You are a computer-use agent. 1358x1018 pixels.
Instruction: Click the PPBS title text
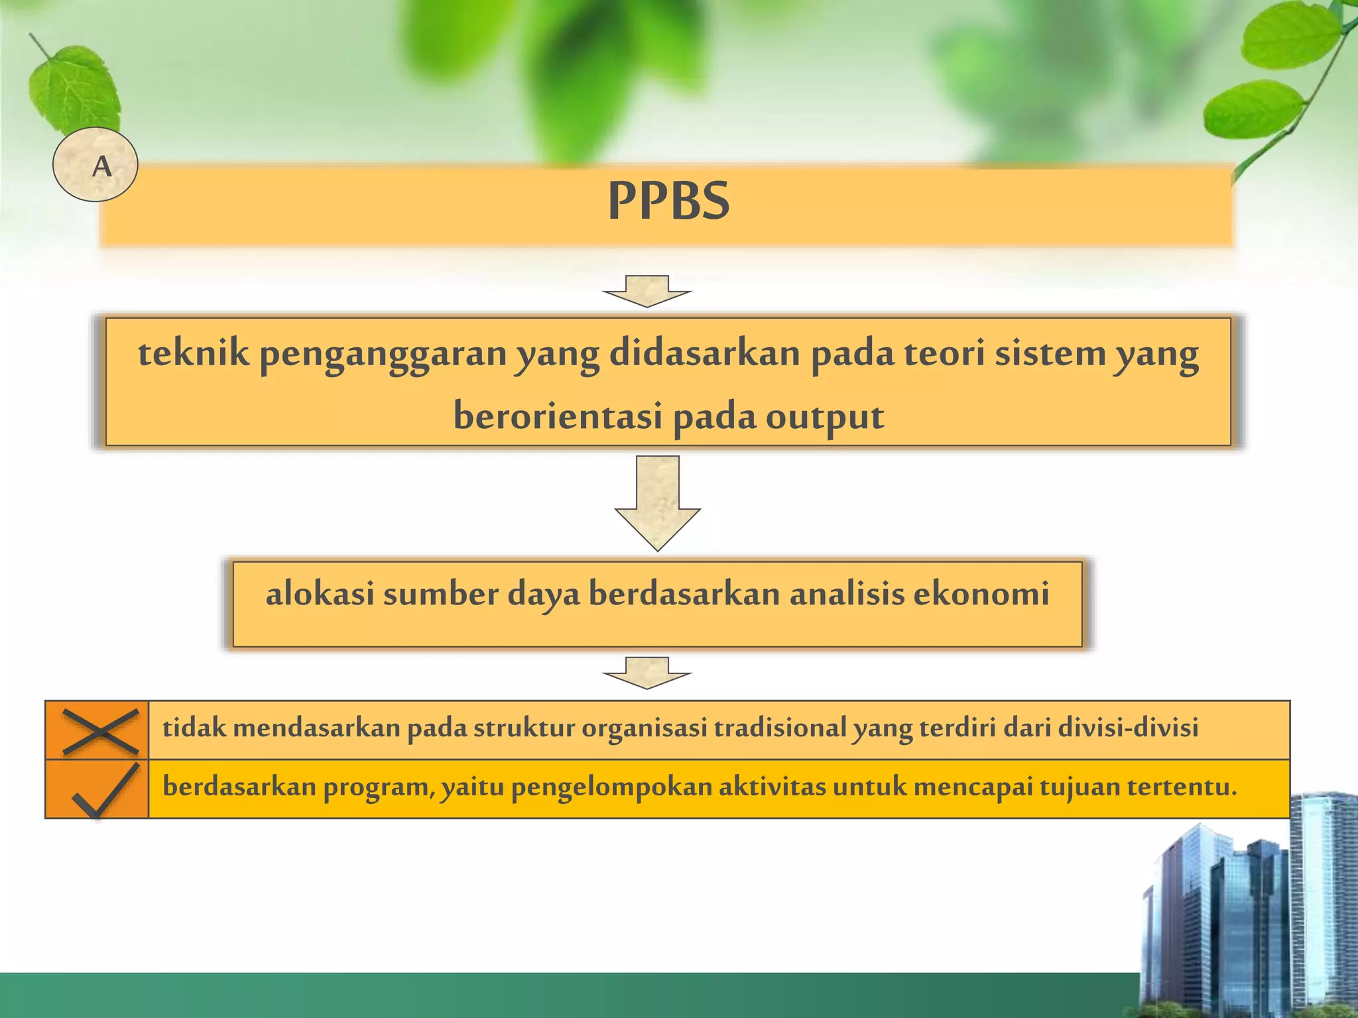click(668, 201)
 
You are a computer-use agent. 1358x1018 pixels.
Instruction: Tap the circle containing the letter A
click(95, 164)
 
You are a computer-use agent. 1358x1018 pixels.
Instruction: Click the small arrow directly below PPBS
click(647, 292)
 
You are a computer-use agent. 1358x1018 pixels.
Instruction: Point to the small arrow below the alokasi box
click(647, 673)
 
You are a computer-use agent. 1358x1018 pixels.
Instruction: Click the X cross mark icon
click(100, 731)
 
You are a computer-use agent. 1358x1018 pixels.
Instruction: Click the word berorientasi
click(558, 416)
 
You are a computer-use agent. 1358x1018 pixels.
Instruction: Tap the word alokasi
click(320, 593)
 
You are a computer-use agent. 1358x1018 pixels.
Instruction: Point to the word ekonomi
click(981, 593)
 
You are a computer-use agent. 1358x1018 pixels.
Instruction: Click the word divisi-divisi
click(1129, 728)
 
